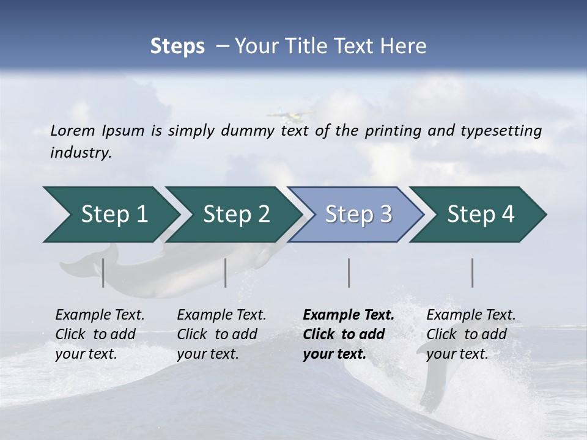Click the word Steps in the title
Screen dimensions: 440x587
177,46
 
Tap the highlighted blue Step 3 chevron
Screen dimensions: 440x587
358,214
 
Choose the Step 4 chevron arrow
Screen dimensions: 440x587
481,214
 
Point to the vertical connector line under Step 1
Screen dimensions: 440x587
103,273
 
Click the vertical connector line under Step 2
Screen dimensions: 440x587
226,273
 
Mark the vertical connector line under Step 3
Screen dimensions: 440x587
349,273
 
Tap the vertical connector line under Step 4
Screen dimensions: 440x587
473,273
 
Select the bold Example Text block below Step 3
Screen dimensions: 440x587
349,334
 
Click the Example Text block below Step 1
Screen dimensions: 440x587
100,334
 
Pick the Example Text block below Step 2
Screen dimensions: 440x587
221,334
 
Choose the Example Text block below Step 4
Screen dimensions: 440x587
470,334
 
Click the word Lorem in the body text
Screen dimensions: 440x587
73,130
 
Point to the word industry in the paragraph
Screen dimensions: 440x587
81,152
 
